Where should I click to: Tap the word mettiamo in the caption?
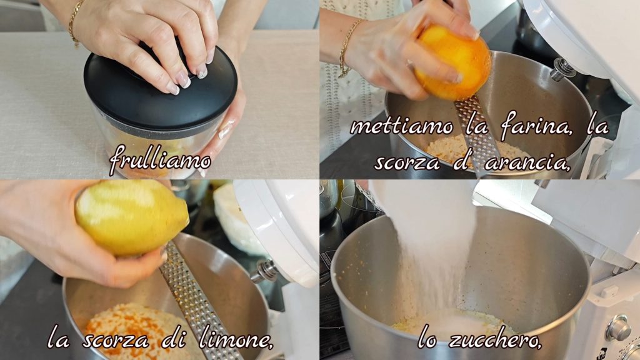pyautogui.click(x=402, y=126)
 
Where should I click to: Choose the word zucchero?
pyautogui.click(x=495, y=339)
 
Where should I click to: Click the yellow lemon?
pyautogui.click(x=131, y=217)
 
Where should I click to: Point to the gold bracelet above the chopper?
pyautogui.click(x=74, y=22)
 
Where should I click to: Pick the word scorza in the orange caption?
pyautogui.click(x=406, y=163)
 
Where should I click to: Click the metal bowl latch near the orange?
pyautogui.click(x=562, y=69)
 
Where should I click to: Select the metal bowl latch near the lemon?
pyautogui.click(x=265, y=271)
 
